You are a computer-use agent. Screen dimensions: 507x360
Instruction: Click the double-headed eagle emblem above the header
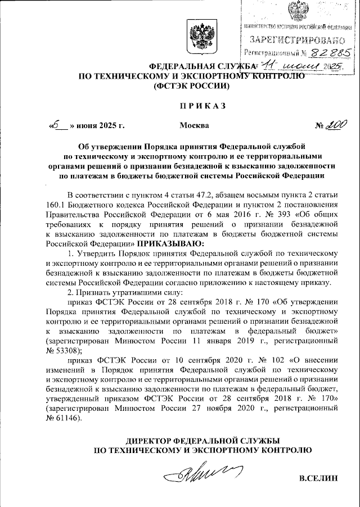pyautogui.click(x=200, y=38)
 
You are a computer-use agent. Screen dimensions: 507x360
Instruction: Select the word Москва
pyautogui.click(x=194, y=125)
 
